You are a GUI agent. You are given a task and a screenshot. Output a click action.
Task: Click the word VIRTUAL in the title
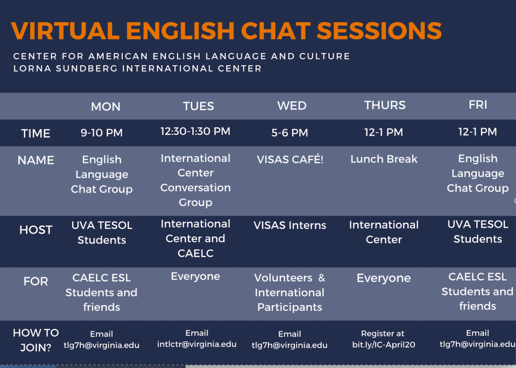coord(65,31)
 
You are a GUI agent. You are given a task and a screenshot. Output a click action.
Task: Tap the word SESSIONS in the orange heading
coord(379,31)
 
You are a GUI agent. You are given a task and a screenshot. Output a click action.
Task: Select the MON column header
coord(106,106)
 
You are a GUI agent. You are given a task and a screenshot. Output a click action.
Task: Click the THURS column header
coord(385,105)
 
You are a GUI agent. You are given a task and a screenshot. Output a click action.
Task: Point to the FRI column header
coord(478,105)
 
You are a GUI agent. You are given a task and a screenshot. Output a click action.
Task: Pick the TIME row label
coord(36,133)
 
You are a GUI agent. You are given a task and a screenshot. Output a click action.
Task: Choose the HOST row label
coord(36,230)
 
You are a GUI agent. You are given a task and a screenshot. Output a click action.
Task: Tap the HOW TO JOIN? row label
coord(36,340)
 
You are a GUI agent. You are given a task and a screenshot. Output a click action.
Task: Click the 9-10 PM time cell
coord(102,133)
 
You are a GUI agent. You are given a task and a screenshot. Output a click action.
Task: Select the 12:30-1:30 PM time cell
coord(196,131)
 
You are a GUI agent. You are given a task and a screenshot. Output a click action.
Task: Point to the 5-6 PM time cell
coord(290,133)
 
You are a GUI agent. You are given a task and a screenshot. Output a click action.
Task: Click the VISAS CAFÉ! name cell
coord(290,159)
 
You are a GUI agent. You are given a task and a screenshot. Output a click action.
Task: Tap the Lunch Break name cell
coord(384,159)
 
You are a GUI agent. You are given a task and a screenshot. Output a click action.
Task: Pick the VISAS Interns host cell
coord(290,225)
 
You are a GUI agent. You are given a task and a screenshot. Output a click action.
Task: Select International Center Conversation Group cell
coord(196,180)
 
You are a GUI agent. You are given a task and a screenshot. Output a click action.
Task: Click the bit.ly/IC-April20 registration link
coord(384,345)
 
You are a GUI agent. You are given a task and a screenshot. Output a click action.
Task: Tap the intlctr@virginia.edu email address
coord(197,344)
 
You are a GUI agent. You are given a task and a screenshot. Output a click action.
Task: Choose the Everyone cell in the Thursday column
coord(384,278)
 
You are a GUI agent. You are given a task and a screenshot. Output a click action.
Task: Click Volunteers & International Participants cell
coord(290,293)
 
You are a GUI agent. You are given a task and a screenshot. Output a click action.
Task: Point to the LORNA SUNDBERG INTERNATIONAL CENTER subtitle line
coord(138,69)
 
